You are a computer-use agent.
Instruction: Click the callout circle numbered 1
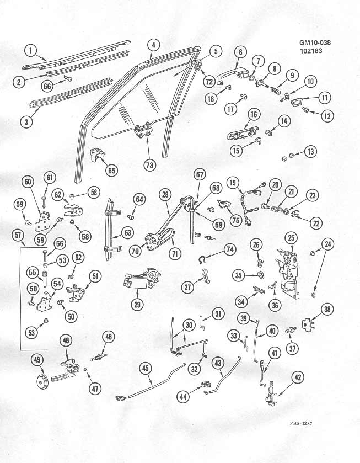(x=31, y=53)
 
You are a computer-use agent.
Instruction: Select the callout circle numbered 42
(x=298, y=377)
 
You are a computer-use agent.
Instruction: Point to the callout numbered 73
(x=150, y=164)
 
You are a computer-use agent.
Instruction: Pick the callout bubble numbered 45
(x=146, y=369)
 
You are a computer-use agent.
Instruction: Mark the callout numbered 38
(x=327, y=310)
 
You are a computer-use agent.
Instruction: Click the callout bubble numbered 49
(x=37, y=361)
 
